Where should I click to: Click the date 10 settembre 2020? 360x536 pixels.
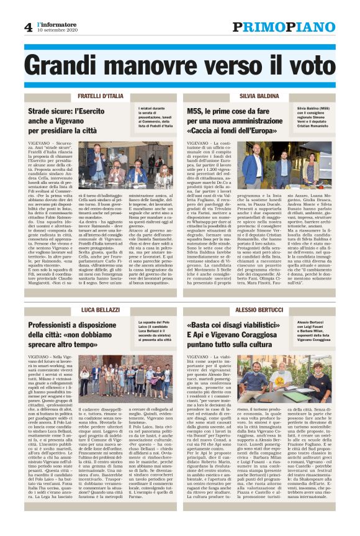[x=57, y=30]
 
